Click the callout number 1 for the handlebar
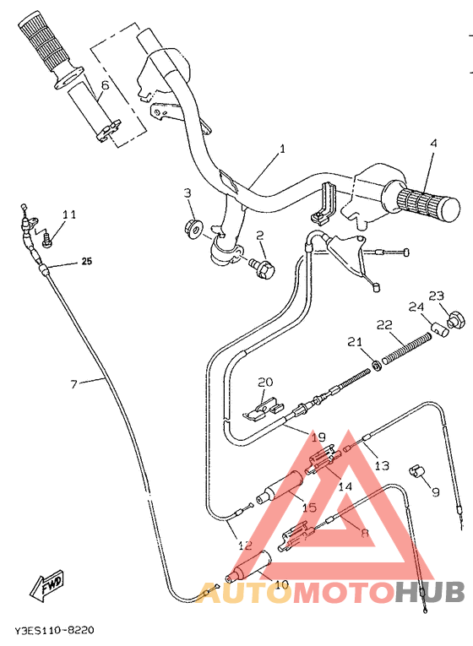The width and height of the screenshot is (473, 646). pyautogui.click(x=282, y=149)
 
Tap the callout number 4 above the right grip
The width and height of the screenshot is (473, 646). pyautogui.click(x=433, y=144)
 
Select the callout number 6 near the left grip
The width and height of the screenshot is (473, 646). pyautogui.click(x=105, y=85)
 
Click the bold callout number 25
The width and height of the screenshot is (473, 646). pyautogui.click(x=86, y=262)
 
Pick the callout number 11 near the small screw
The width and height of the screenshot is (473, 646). pyautogui.click(x=68, y=214)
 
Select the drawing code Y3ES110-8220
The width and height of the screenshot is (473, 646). pyautogui.click(x=53, y=631)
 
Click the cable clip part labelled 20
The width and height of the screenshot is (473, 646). pyautogui.click(x=262, y=408)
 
